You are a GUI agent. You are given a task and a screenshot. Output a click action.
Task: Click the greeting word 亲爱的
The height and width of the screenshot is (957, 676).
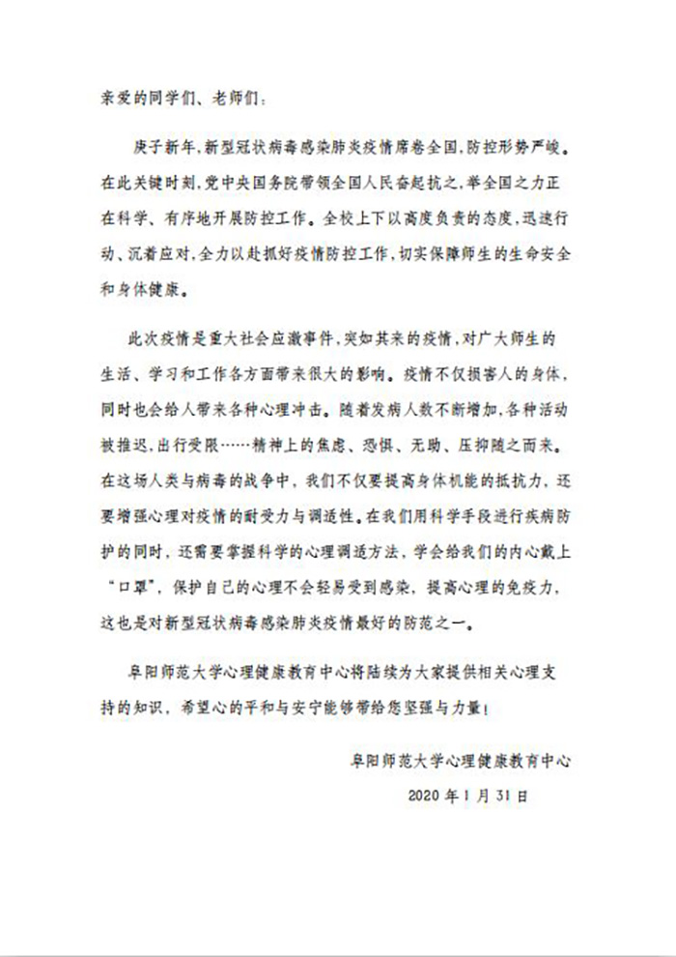(127, 98)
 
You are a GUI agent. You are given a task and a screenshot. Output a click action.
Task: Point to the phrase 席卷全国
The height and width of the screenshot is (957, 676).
(419, 152)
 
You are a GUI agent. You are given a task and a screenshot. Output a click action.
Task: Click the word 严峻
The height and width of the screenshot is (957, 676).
(553, 152)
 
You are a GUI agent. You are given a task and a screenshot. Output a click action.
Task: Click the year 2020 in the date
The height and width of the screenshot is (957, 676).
(426, 797)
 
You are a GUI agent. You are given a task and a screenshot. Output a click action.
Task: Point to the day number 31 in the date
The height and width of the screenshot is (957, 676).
(504, 797)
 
